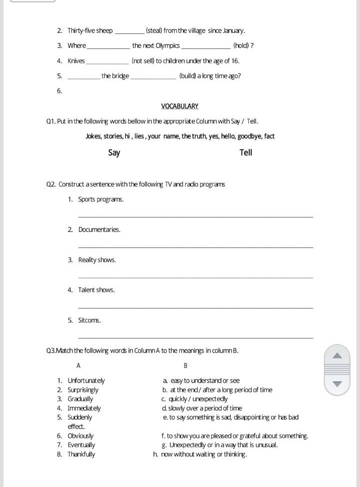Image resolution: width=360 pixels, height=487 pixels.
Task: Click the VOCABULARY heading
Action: tap(180, 106)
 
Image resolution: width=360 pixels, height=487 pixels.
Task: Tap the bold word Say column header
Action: tap(114, 152)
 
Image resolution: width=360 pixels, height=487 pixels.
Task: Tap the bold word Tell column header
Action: tap(246, 152)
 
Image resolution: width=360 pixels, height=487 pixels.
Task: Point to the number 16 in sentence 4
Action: tap(235, 60)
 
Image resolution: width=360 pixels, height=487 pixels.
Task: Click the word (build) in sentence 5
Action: tap(189, 76)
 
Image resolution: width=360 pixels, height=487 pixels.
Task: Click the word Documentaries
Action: tap(99, 229)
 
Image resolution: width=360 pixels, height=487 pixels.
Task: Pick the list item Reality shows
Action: tap(97, 260)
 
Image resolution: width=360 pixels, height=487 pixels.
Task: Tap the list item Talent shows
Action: tap(96, 290)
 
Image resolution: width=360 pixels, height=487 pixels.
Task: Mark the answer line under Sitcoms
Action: tap(195, 338)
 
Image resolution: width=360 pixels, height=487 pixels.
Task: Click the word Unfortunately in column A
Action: tap(86, 380)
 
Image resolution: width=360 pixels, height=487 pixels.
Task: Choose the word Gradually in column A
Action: tap(80, 399)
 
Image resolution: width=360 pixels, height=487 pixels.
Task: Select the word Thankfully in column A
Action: tap(81, 454)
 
